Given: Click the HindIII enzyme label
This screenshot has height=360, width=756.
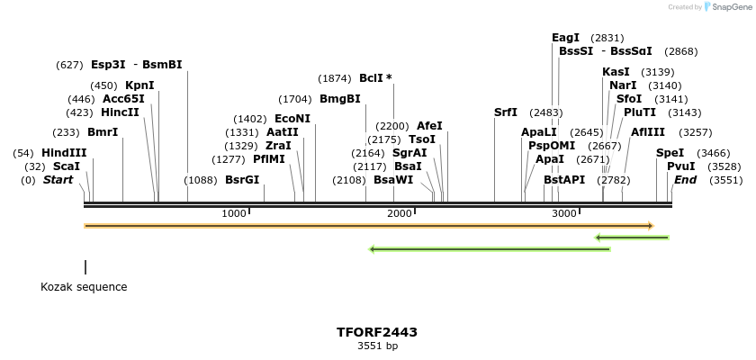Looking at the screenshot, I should click(64, 153).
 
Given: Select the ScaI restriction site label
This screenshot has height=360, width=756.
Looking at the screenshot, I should click(66, 166).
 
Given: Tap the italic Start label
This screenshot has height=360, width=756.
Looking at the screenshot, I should click(58, 180).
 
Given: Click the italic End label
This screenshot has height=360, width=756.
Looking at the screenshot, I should click(685, 180).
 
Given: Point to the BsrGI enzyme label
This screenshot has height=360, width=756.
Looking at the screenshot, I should click(242, 180).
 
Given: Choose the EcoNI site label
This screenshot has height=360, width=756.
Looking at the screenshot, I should click(292, 119).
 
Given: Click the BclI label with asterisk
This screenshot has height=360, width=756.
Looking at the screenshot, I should click(375, 78).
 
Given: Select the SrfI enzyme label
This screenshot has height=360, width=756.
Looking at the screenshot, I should click(506, 112).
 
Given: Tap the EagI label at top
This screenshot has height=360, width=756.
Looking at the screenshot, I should click(565, 38).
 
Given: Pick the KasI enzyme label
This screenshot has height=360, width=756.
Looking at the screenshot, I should click(616, 72).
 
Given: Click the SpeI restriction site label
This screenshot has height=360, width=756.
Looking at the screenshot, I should click(670, 153).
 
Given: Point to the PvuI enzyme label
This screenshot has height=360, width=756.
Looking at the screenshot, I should click(680, 166).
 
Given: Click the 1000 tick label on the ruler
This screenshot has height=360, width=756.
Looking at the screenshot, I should click(233, 213).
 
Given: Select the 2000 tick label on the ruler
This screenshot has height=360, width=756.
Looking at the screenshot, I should click(399, 213).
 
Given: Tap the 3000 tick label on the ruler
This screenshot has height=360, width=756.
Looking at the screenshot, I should click(563, 213).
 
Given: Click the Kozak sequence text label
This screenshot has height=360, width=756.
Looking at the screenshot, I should click(84, 287).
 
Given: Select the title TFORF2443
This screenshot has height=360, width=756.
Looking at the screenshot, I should click(377, 332).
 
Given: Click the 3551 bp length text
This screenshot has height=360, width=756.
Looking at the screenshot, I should click(377, 346).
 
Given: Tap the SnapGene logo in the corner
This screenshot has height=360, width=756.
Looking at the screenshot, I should click(725, 7).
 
